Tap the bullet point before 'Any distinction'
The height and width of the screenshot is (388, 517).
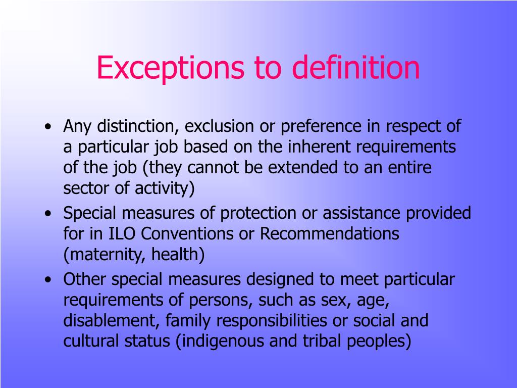tap(47, 127)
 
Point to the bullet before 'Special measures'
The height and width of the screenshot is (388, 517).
tap(47, 214)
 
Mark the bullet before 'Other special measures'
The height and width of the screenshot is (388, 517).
tap(47, 280)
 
